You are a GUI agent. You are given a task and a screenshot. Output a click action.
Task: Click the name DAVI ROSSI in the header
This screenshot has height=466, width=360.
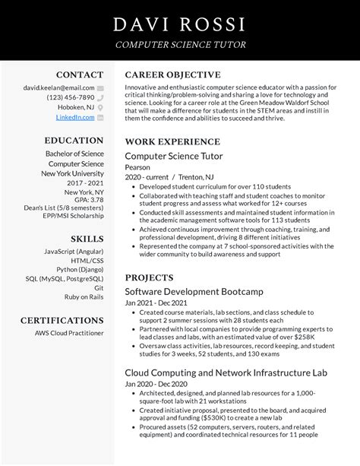tap(180, 24)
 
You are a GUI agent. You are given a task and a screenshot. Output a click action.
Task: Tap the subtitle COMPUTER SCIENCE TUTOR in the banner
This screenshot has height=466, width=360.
tap(180, 45)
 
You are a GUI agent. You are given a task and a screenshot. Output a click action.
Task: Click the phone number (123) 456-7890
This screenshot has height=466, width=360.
tap(71, 97)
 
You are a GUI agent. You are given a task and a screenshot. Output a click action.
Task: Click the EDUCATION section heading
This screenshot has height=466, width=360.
tap(74, 141)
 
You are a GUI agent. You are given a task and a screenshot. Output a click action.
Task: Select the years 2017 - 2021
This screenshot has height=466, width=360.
tap(84, 183)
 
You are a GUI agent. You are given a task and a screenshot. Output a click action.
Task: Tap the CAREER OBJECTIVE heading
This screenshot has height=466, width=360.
tap(172, 75)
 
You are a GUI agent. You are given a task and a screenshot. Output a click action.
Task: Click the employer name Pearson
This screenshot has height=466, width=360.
tap(137, 167)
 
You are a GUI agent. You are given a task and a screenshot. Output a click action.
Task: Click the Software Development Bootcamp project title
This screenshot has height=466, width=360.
tap(194, 291)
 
